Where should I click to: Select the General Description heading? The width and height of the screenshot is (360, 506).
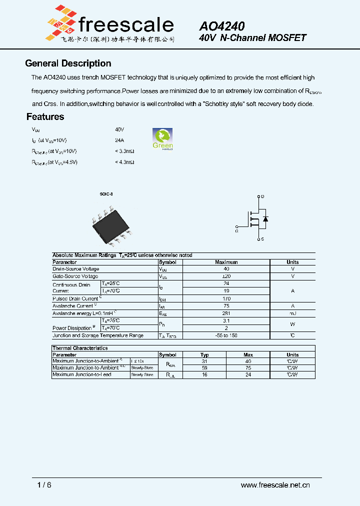pos(68,63)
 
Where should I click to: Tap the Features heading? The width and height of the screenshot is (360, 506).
pos(45,117)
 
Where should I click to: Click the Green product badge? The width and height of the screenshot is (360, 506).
pos(162,139)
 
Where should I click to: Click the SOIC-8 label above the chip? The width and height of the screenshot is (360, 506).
pos(106,194)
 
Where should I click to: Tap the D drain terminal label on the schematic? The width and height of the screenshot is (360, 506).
pos(263,196)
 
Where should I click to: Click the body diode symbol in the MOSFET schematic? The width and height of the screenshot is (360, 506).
pos(265,219)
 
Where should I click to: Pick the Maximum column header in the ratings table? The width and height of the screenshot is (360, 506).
pos(226,262)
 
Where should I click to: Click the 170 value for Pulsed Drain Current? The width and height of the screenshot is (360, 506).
pos(226,298)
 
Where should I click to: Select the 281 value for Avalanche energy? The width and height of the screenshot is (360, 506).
pos(226,313)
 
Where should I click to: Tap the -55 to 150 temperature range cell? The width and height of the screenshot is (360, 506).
pos(226,335)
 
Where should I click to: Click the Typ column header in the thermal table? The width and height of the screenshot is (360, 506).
pos(204,354)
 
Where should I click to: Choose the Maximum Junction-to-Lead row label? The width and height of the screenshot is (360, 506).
pos(82,374)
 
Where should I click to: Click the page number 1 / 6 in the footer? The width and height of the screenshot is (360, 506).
pos(44,485)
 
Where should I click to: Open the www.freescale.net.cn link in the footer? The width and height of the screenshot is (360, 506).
pos(275,485)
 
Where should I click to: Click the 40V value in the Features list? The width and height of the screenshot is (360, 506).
pos(119,129)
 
